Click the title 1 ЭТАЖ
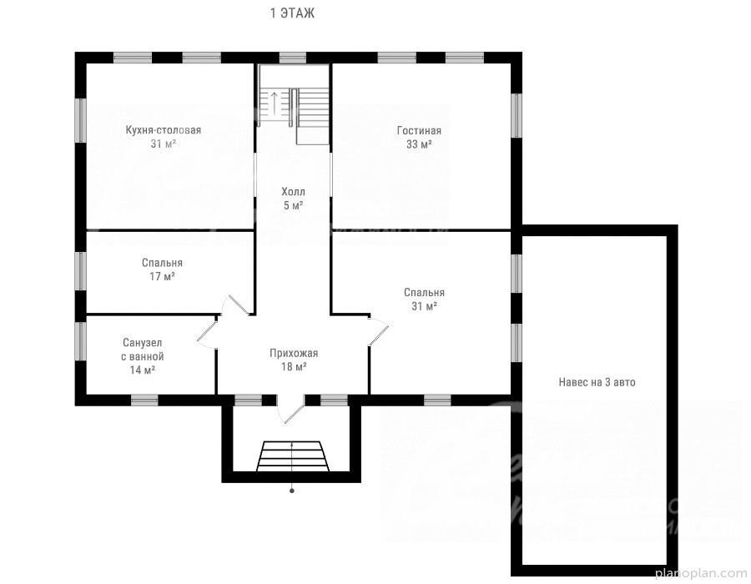coord(292,13)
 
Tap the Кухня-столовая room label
coord(164,129)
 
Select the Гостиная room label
coord(419,130)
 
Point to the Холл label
coord(293,192)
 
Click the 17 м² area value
coord(163,276)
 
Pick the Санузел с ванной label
coord(142,350)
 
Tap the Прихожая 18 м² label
coord(294,360)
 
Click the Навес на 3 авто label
coord(597,382)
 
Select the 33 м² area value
coord(419,144)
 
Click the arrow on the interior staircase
coord(274,103)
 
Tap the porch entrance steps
coord(293,456)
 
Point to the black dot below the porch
coord(292,491)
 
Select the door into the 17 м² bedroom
coord(238,305)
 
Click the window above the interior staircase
coord(293,58)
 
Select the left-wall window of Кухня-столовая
coord(81,120)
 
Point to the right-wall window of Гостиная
coord(517,115)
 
